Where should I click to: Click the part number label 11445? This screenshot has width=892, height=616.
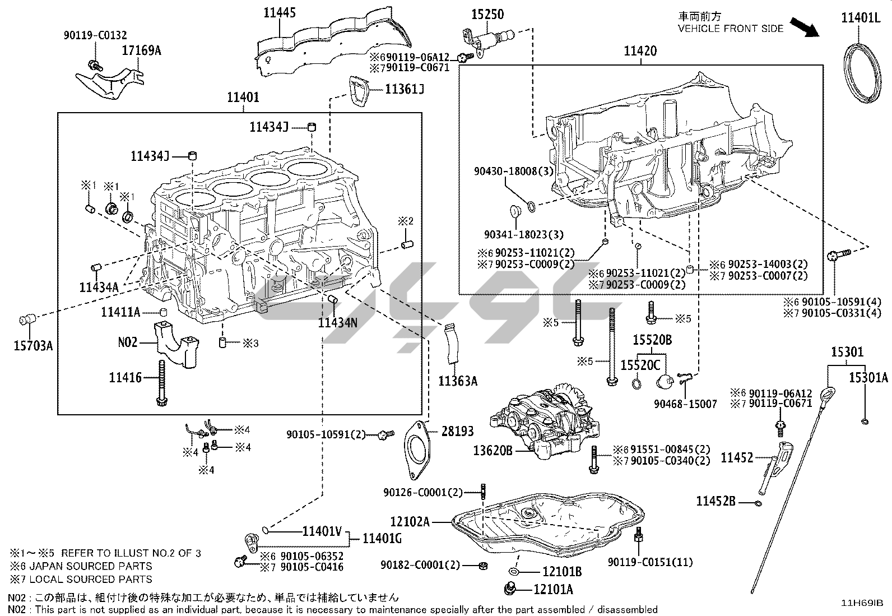pos(280,12)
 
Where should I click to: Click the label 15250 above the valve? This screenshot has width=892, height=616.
pos(487,15)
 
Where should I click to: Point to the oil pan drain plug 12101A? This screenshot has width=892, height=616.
pos(511,589)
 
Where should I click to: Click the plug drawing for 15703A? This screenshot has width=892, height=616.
pos(27,320)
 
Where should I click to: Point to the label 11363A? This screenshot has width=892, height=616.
pos(457,381)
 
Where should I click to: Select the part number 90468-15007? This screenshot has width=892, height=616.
pos(685,404)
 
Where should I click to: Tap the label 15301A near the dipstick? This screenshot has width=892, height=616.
pos(868,378)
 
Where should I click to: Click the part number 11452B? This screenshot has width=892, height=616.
pos(716,501)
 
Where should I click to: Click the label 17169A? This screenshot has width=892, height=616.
pos(141,50)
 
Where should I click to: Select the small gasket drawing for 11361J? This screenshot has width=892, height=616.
pos(360,91)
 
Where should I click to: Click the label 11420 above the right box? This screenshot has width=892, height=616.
pos(640,51)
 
